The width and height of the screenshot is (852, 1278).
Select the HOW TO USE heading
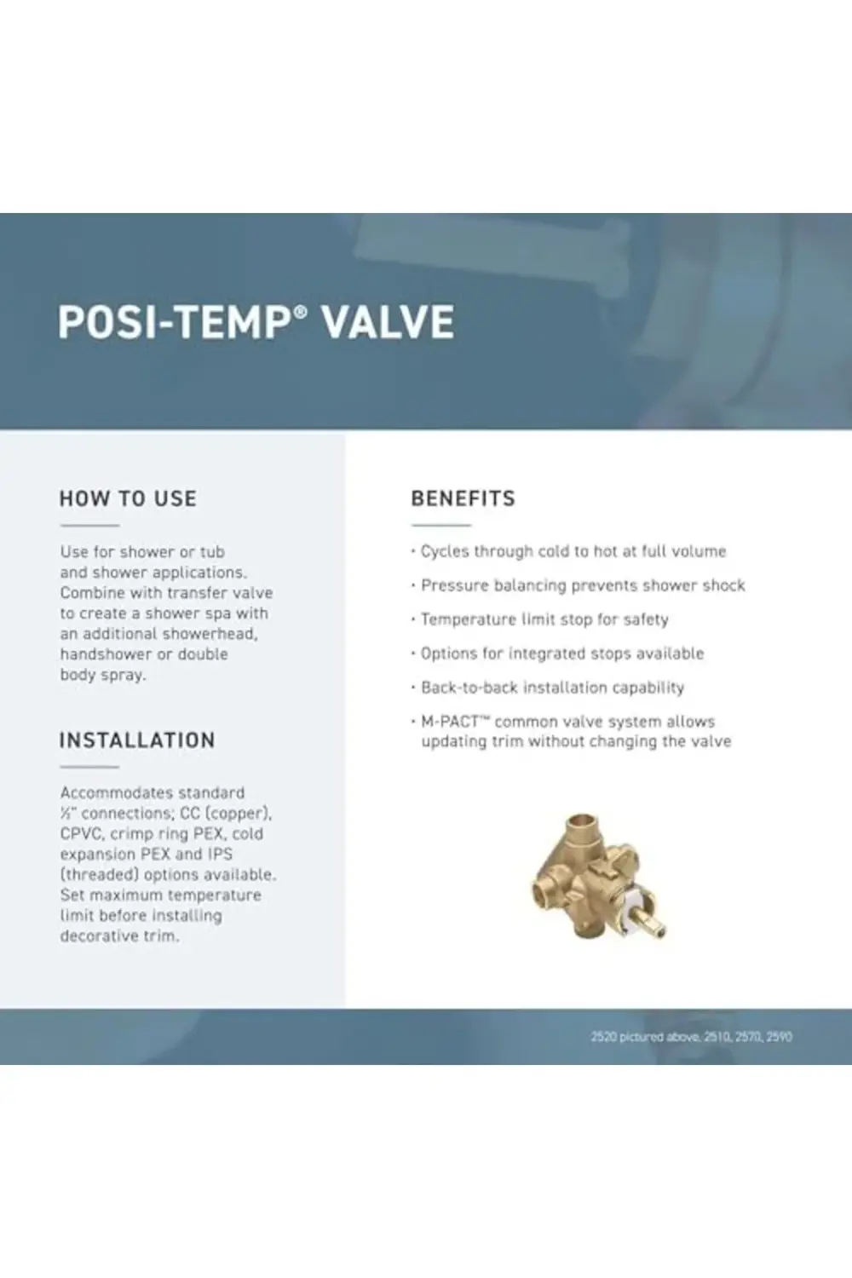128,498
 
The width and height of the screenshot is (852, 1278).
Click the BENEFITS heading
463,498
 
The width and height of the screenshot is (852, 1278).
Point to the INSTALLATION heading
137,740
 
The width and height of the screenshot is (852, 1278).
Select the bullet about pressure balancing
583,585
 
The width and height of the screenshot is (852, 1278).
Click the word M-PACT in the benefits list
450,722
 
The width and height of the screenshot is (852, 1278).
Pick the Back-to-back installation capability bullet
552,688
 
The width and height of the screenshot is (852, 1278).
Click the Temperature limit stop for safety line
544,619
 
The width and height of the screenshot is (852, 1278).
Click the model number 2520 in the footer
603,1037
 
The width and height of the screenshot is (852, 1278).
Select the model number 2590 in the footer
779,1037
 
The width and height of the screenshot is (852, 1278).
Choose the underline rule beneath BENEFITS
440,526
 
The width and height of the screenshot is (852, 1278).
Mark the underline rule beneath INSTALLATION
89,767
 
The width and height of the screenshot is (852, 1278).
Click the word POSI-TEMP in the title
173,322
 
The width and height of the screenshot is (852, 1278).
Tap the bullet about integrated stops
562,653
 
